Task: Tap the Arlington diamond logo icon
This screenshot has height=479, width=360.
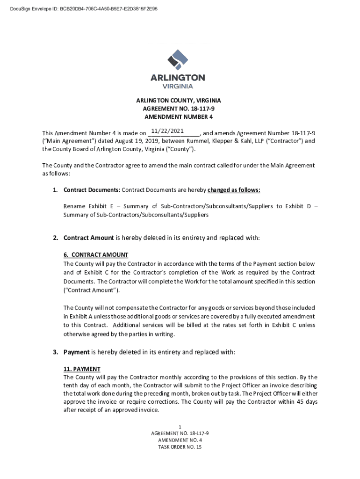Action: [178, 60]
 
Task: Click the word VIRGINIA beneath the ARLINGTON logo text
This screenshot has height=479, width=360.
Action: [178, 86]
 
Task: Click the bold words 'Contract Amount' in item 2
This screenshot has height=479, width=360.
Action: [88, 238]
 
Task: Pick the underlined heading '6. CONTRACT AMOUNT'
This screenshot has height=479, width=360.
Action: [95, 255]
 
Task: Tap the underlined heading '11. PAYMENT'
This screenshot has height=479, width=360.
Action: [82, 369]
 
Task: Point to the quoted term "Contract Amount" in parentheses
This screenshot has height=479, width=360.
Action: [91, 290]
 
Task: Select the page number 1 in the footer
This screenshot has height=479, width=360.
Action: [180, 426]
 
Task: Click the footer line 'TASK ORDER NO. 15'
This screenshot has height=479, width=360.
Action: [180, 447]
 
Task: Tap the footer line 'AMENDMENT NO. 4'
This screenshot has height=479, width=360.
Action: [180, 440]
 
